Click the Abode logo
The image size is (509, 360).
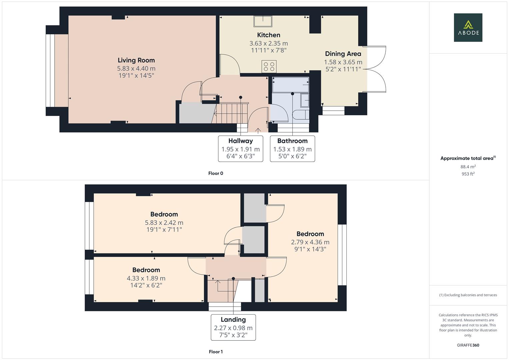pyautogui.click(x=468, y=27)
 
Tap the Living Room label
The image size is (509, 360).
pyautogui.click(x=136, y=60)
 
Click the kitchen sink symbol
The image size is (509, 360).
pyautogui.click(x=263, y=21)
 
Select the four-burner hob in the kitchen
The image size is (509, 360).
pyautogui.click(x=269, y=66)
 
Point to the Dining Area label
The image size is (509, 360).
pyautogui.click(x=343, y=54)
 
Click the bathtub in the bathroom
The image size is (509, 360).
pyautogui.click(x=290, y=85)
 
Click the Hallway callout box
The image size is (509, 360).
pyautogui.click(x=240, y=149)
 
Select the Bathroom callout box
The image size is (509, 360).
pyautogui.click(x=292, y=149)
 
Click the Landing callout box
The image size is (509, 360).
pyautogui.click(x=233, y=327)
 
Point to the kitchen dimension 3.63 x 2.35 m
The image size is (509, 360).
pyautogui.click(x=269, y=43)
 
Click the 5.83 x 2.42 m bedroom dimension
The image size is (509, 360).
pyautogui.click(x=164, y=223)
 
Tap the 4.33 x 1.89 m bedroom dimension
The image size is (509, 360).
pyautogui.click(x=146, y=278)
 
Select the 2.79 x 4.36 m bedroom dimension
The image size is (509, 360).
pyautogui.click(x=310, y=242)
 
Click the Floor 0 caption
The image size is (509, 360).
pyautogui.click(x=216, y=173)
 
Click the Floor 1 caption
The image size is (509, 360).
pyautogui.click(x=216, y=352)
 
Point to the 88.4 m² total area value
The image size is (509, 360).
pyautogui.click(x=468, y=167)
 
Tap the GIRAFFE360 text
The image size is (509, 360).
pyautogui.click(x=468, y=345)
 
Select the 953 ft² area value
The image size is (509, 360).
pyautogui.click(x=468, y=174)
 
